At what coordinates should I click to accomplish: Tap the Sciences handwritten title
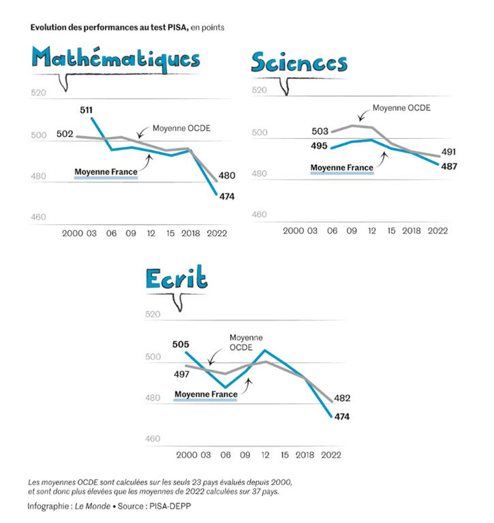click(299, 63)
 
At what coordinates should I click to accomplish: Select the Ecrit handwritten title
click(176, 279)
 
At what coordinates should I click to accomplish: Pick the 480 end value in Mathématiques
click(227, 176)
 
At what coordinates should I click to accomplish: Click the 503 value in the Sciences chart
click(319, 131)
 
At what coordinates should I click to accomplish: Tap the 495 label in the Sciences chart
click(319, 146)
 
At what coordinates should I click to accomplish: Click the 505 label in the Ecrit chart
click(181, 345)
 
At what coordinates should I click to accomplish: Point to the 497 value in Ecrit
click(181, 374)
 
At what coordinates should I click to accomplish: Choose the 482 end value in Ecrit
click(342, 398)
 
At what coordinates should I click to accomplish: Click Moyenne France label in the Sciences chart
click(341, 168)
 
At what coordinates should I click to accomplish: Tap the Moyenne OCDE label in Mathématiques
click(181, 128)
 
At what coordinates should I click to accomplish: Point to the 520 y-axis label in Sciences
click(260, 91)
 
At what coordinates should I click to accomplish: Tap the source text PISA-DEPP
click(168, 507)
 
